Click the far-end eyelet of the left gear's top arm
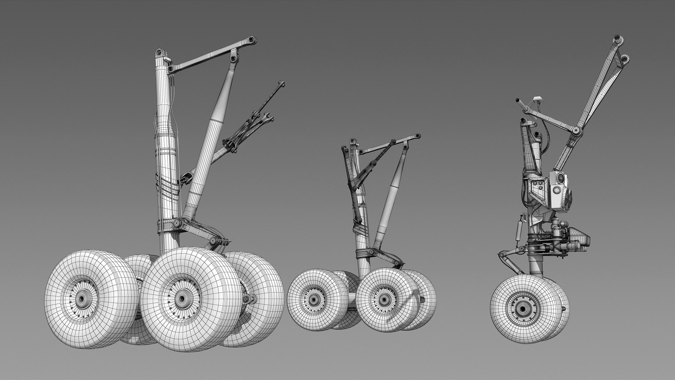tap(251, 39)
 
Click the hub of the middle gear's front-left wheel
tap(313, 300)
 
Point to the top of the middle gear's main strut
tap(353, 142)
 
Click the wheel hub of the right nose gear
tap(522, 309)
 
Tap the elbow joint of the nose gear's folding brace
tap(576, 131)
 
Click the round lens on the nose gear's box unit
tap(557, 190)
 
